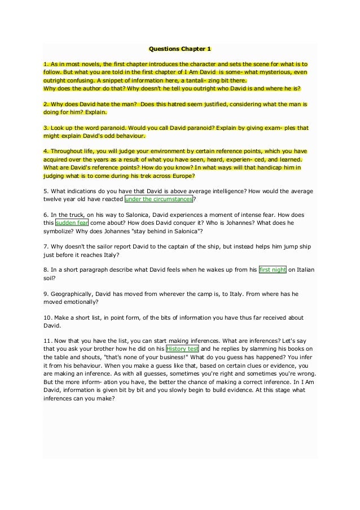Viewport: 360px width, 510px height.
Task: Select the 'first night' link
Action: pos(273,269)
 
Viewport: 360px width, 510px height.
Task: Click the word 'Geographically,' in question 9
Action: pos(74,293)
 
